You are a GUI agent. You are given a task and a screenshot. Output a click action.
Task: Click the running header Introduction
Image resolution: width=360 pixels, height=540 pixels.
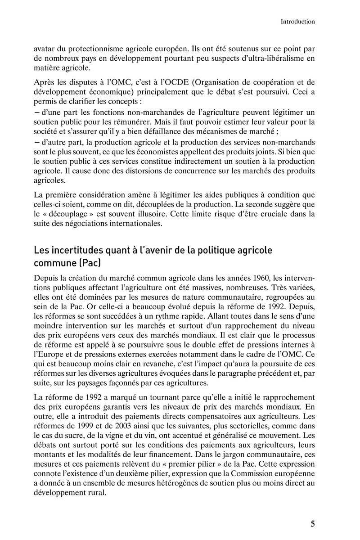(x=297, y=21)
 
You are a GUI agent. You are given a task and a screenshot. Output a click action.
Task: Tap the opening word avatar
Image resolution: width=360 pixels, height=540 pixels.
(x=45, y=47)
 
